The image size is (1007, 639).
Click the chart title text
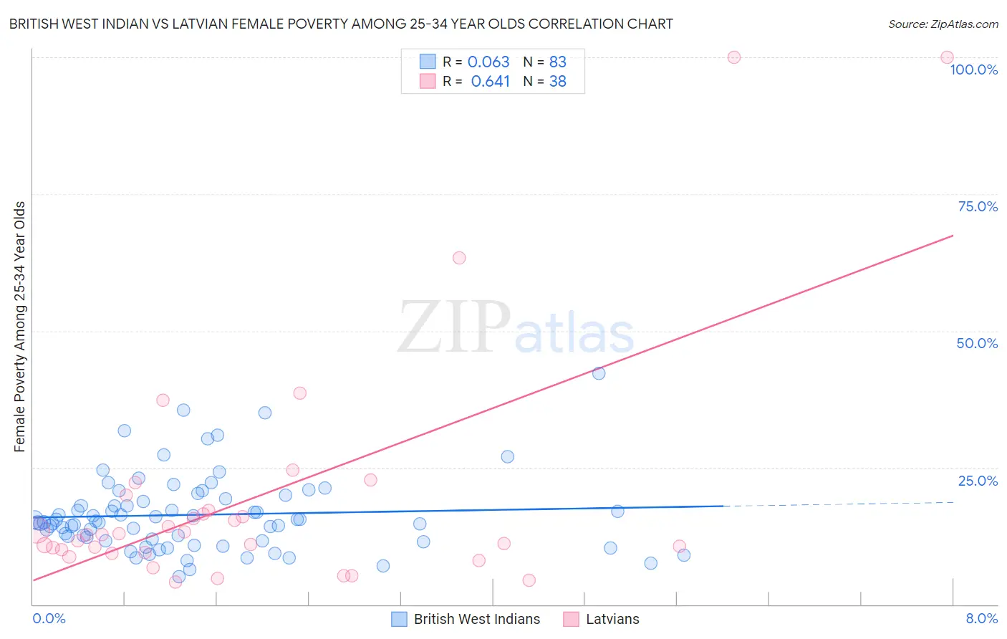[341, 24]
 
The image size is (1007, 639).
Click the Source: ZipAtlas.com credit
[943, 24]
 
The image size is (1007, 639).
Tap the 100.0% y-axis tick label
[973, 69]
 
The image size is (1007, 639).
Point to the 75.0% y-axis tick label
[978, 206]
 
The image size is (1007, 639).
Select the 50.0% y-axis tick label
[977, 343]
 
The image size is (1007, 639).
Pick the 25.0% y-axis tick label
[978, 481]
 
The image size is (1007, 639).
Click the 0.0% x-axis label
[49, 618]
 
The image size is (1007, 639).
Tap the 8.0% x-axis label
[981, 618]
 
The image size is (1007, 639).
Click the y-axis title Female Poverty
[19, 327]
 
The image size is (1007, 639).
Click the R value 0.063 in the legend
[488, 62]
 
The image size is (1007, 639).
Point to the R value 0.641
[490, 82]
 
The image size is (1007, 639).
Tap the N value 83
[557, 62]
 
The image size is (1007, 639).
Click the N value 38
[557, 82]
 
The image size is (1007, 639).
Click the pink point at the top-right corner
[947, 57]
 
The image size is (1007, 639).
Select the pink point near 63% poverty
[459, 258]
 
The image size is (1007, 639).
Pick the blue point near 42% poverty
[599, 373]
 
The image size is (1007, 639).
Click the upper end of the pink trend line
[953, 236]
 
